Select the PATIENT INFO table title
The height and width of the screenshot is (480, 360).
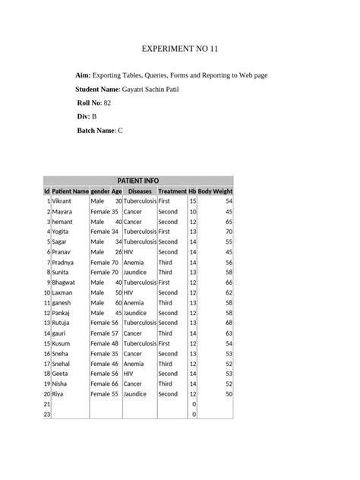tap(138, 180)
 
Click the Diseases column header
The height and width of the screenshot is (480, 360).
tap(140, 191)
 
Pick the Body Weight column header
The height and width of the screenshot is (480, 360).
tap(216, 191)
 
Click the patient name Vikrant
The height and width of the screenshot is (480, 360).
tap(62, 201)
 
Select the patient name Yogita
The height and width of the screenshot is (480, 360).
tap(62, 232)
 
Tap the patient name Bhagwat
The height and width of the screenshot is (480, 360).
tap(64, 282)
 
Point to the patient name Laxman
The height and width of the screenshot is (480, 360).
tap(63, 292)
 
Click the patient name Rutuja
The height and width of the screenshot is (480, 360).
tap(62, 323)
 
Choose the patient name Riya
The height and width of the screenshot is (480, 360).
tap(58, 394)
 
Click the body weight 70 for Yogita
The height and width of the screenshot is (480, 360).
tap(229, 232)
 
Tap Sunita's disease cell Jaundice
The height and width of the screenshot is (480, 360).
tap(135, 272)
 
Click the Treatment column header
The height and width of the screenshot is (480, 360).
tap(172, 191)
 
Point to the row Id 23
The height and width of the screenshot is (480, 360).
tap(47, 415)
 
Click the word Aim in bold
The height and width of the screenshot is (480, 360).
tap(83, 76)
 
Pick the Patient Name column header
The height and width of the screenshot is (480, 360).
tap(71, 191)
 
